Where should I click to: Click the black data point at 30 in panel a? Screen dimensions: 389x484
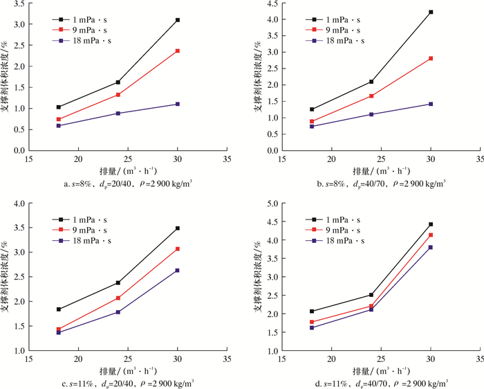pyautogui.click(x=178, y=20)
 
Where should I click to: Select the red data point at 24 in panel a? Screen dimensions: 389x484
pyautogui.click(x=118, y=95)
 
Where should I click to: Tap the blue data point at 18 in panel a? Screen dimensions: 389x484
pyautogui.click(x=59, y=126)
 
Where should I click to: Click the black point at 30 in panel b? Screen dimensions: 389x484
pyautogui.click(x=431, y=12)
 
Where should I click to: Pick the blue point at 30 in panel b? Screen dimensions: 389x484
pyautogui.click(x=431, y=104)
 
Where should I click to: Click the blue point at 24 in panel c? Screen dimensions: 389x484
pyautogui.click(x=118, y=312)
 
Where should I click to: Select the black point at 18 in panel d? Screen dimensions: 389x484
pyautogui.click(x=313, y=311)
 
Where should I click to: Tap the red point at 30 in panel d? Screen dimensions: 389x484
pyautogui.click(x=431, y=235)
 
